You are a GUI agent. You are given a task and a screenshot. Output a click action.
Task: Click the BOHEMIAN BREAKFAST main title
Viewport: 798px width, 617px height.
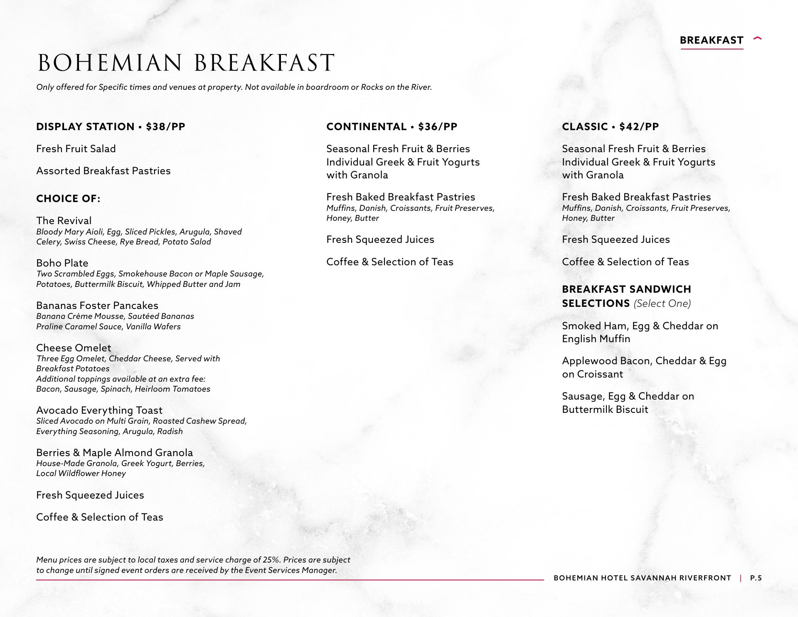(x=186, y=63)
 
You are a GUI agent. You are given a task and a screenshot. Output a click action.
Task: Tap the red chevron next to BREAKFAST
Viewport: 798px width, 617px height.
(x=757, y=39)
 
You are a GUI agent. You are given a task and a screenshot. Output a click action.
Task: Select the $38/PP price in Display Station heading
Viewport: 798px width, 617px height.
(x=165, y=127)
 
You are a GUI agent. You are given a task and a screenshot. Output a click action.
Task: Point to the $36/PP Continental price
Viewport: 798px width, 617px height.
(x=438, y=127)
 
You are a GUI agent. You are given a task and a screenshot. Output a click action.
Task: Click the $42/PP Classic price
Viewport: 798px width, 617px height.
(x=639, y=127)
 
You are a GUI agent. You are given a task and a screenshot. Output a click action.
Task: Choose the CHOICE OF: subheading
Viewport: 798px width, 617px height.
(x=68, y=199)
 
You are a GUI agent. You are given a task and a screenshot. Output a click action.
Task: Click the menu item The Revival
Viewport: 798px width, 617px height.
(x=64, y=221)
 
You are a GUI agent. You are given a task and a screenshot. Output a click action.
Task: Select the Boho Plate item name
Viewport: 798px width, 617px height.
(x=62, y=263)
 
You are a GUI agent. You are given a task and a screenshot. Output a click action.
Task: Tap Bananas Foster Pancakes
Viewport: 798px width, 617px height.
(x=97, y=306)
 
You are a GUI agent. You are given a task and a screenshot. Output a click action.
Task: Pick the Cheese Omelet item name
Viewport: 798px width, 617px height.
(x=74, y=348)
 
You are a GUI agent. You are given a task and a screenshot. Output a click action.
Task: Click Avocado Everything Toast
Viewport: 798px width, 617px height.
(x=99, y=410)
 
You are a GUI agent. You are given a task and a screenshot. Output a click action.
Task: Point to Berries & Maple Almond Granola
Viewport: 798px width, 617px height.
(x=114, y=453)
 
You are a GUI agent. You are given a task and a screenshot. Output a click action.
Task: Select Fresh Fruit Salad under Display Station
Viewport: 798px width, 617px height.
(x=76, y=149)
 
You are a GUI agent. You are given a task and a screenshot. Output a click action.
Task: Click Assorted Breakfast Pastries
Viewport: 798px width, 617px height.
(x=103, y=171)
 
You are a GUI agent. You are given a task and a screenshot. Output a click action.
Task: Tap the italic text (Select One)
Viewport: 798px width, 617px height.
(x=662, y=304)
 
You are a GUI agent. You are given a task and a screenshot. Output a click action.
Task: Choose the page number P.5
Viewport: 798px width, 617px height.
(x=756, y=578)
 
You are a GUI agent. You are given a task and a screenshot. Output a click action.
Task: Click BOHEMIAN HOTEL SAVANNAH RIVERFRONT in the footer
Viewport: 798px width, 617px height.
(x=642, y=578)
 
